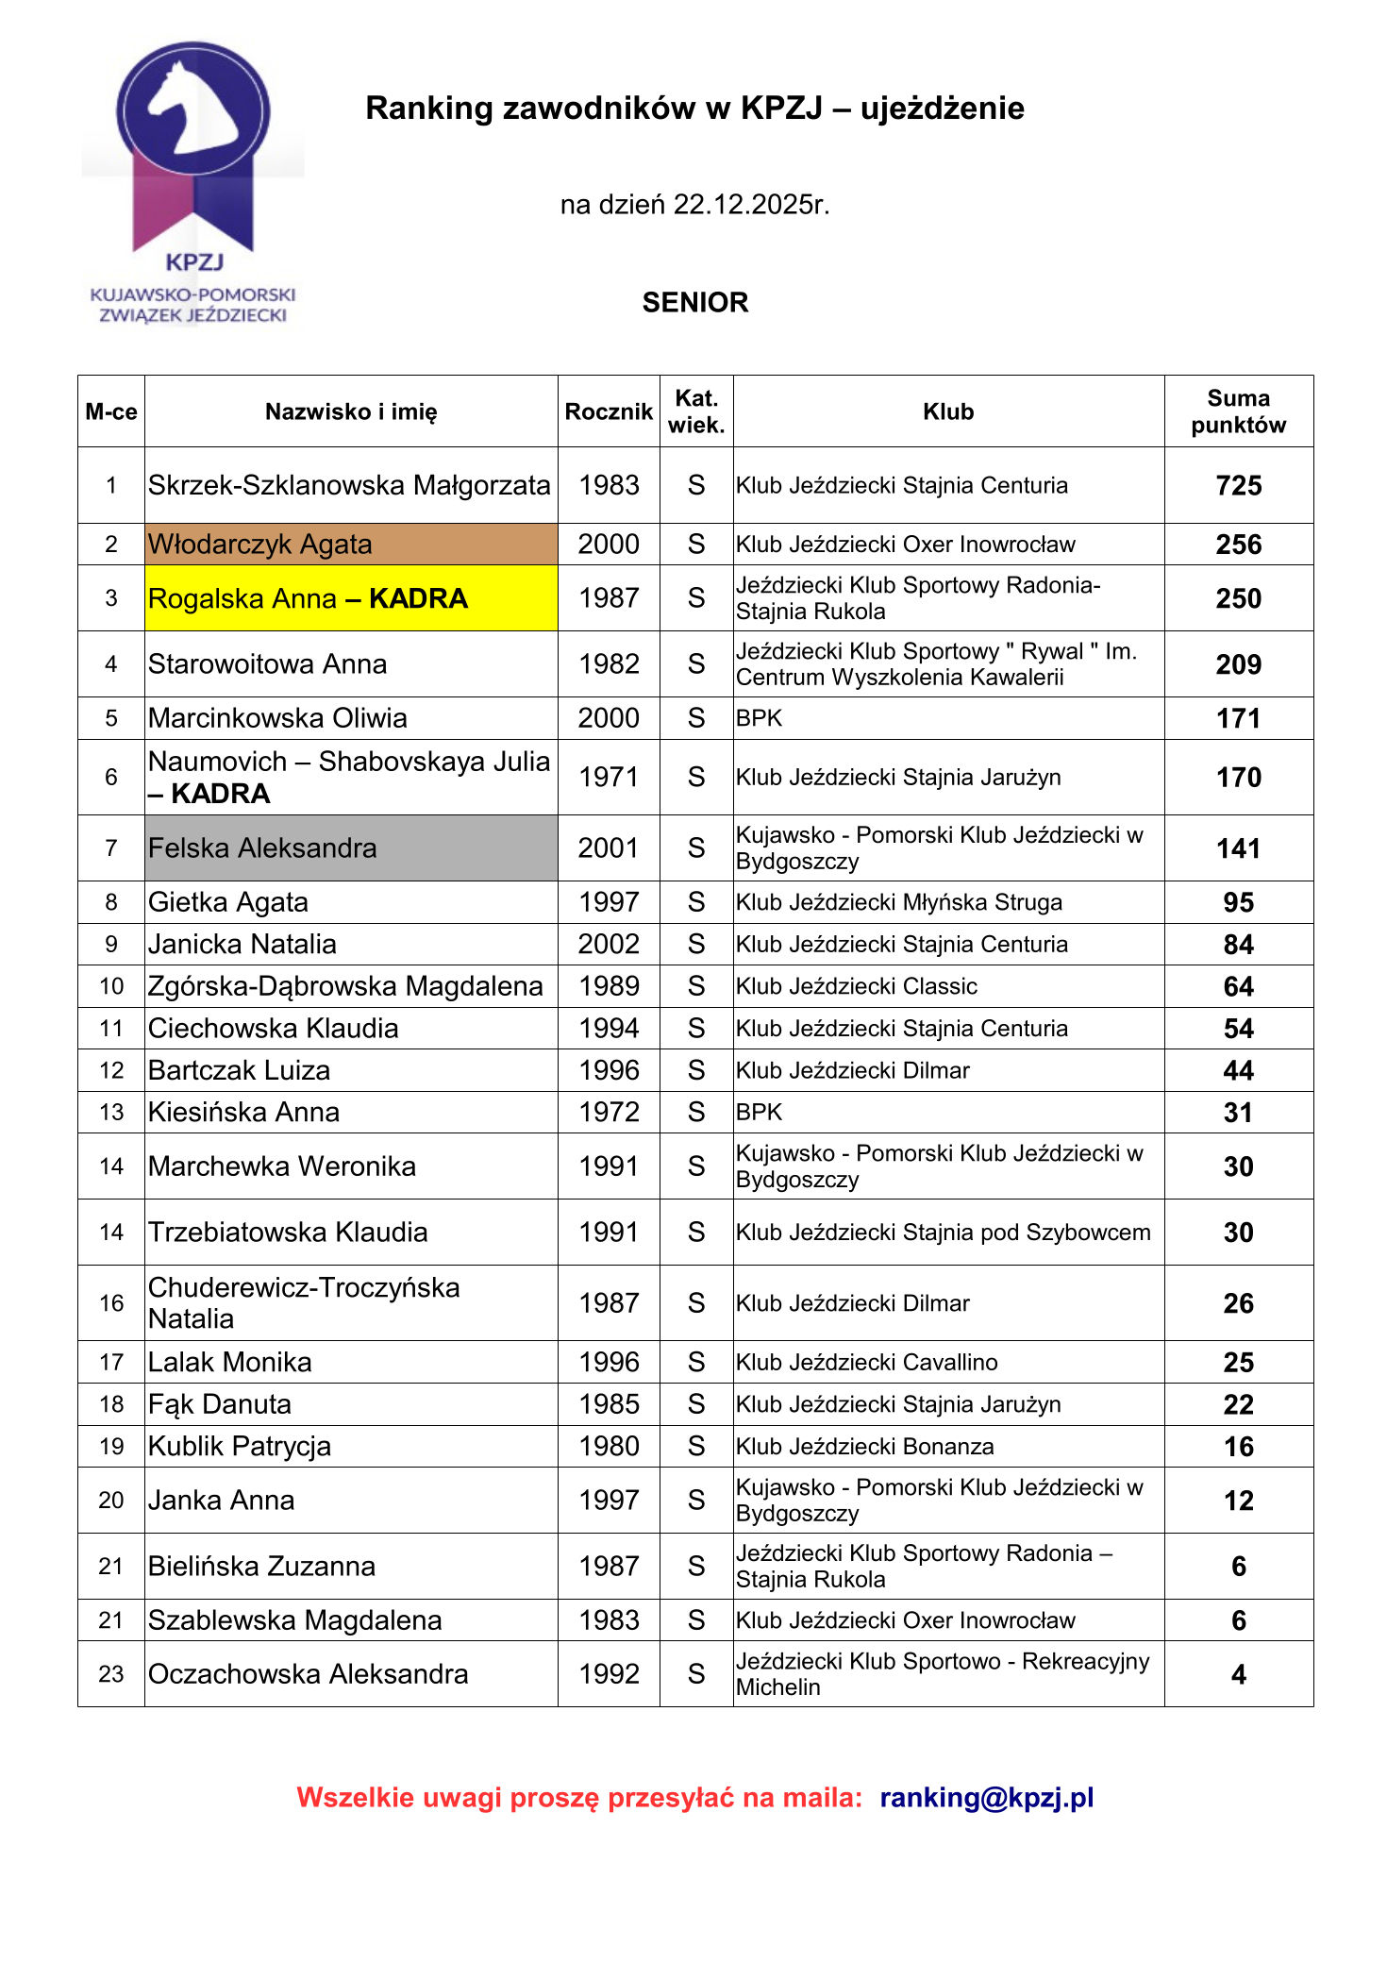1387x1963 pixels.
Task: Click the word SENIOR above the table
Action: [x=694, y=302]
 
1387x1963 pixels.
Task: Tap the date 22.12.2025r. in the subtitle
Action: [x=751, y=205]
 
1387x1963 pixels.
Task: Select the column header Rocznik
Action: [x=609, y=411]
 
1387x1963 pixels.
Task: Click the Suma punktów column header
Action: [x=1238, y=411]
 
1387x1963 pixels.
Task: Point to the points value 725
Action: [x=1238, y=485]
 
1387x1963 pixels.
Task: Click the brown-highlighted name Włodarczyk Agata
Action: [x=260, y=545]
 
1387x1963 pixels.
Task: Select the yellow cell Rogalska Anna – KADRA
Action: [x=308, y=598]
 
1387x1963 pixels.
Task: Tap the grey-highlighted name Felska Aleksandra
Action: [x=262, y=847]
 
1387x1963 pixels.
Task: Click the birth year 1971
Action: [x=609, y=777]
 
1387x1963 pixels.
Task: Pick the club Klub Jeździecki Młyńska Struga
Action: [x=898, y=902]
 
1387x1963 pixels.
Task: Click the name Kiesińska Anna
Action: [x=243, y=1112]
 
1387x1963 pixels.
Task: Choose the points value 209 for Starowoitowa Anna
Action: [x=1238, y=664]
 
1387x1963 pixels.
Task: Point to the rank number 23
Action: [x=111, y=1673]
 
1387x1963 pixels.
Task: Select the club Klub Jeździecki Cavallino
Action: [x=866, y=1362]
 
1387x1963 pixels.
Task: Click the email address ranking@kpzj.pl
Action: [x=986, y=1797]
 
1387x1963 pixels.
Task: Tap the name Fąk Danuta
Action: [x=220, y=1404]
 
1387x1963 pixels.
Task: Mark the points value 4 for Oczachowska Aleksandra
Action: [x=1238, y=1674]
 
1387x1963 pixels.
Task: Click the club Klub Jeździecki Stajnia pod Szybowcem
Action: [x=943, y=1232]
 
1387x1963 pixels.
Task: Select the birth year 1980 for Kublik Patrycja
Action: [x=609, y=1446]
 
